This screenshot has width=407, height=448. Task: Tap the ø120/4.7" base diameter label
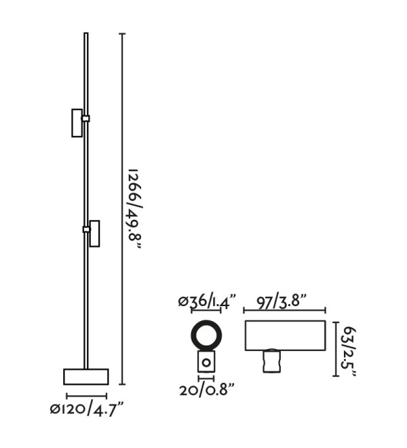point(87,409)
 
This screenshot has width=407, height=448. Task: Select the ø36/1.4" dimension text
point(207,301)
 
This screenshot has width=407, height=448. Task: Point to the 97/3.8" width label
point(282,301)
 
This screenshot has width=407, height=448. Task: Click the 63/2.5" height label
point(349,352)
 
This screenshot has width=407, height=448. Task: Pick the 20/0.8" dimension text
point(207,390)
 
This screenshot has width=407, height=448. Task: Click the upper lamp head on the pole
point(77,123)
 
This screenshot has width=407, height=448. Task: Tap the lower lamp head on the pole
point(94,234)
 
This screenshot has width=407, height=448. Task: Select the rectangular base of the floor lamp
point(86,377)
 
